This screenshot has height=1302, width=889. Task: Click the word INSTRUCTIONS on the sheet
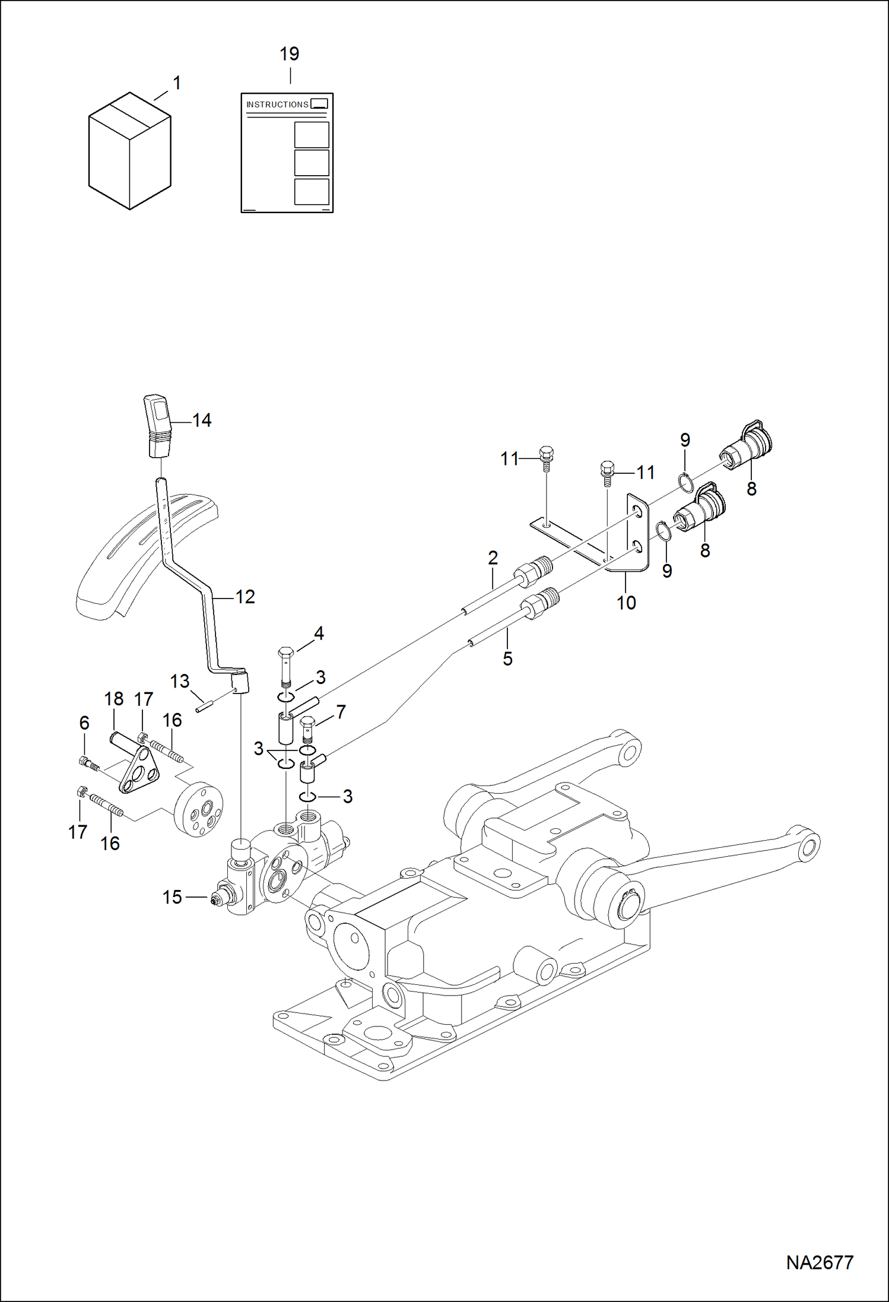[277, 104]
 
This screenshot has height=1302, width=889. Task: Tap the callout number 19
[289, 54]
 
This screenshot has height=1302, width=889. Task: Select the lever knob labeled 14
[158, 425]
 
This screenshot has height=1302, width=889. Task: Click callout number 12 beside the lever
[245, 597]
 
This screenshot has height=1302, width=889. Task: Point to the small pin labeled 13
[205, 707]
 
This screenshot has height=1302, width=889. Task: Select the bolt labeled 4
[285, 664]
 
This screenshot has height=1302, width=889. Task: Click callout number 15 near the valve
[172, 897]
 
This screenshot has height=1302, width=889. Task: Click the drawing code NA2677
[820, 1262]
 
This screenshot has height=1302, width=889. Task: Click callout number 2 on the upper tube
[493, 557]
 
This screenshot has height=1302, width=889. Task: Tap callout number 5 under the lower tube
[507, 658]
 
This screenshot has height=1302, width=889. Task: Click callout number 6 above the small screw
[84, 723]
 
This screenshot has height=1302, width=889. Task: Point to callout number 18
[114, 699]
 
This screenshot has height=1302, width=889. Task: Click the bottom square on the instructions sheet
[312, 191]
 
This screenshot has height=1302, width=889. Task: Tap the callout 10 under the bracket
[626, 603]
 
